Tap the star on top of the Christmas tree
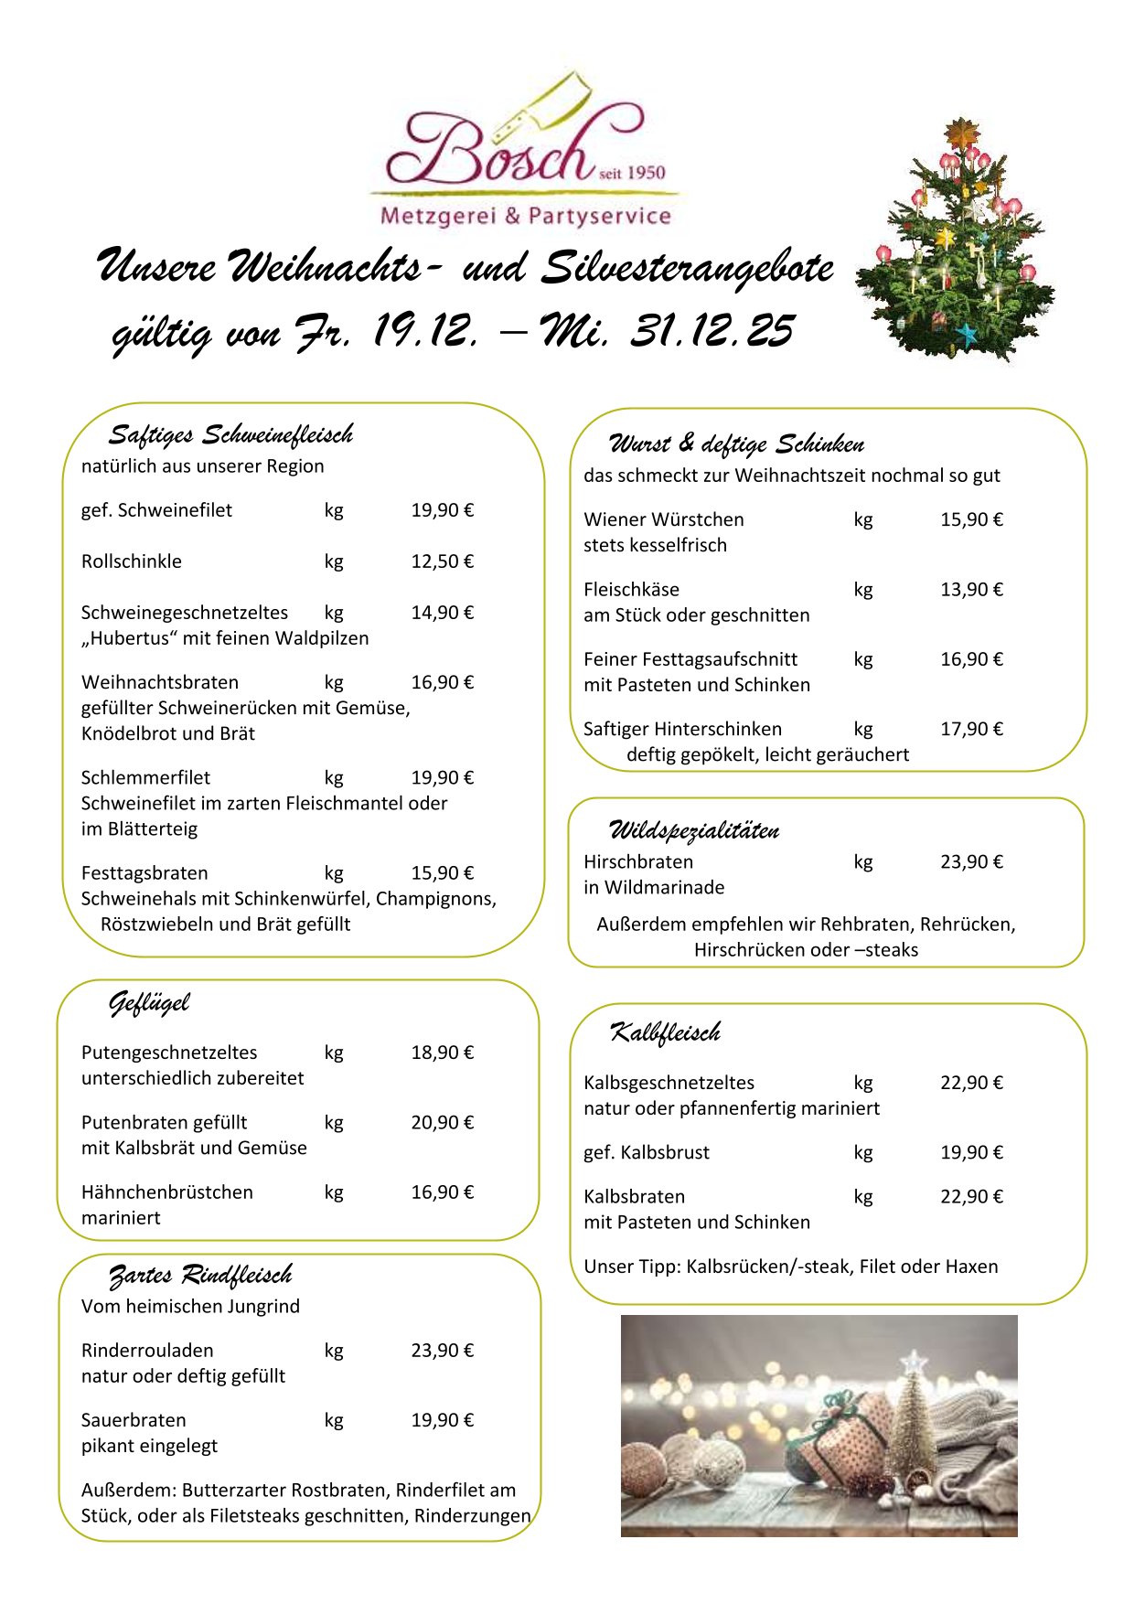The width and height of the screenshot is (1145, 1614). pos(961,133)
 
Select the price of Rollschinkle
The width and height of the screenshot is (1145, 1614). pos(442,561)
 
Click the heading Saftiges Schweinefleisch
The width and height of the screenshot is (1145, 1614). pos(230,434)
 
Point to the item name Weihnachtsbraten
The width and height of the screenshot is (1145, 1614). pos(160,682)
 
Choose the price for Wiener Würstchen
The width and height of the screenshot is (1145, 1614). pos(971,519)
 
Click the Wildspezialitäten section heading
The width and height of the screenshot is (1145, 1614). pos(694,830)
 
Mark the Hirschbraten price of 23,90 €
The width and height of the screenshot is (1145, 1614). pos(971,861)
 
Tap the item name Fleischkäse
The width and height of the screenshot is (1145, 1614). pos(631,590)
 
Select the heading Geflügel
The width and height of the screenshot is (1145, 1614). pos(149,1003)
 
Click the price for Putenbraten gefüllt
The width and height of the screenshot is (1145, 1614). pos(442,1122)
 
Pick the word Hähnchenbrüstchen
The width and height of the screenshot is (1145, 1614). pos(167,1192)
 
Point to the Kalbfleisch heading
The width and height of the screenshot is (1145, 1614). pos(665,1033)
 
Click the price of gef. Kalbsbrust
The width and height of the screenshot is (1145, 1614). pos(971,1152)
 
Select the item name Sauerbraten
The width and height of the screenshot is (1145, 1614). pos(134,1420)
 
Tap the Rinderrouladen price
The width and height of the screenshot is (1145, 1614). pos(442,1351)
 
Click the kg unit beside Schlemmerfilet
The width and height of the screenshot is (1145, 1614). pos(334,778)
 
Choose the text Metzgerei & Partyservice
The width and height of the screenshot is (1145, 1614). pos(525,217)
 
